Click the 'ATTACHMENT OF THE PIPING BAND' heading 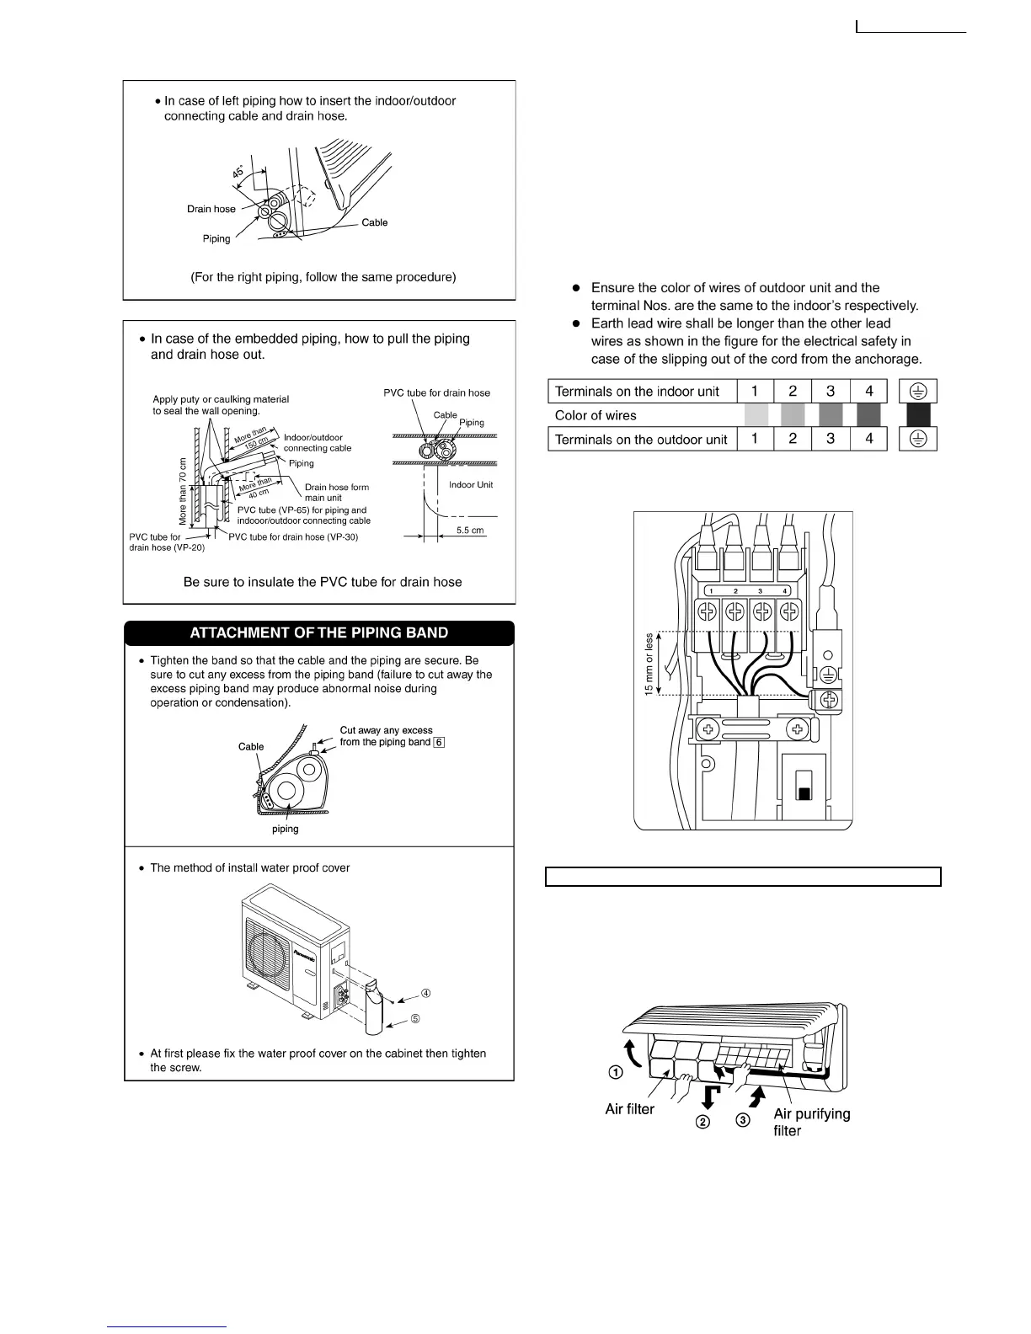point(318,633)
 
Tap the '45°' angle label point(238,172)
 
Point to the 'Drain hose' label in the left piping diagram point(211,209)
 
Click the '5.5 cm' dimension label point(470,531)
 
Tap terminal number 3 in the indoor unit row point(831,391)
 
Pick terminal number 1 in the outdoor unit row point(755,439)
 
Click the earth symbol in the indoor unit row point(918,391)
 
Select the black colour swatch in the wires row point(918,415)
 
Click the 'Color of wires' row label point(596,415)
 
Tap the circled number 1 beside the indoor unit point(616,1073)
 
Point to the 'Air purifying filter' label point(811,1122)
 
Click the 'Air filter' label point(629,1109)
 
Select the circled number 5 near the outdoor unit point(415,1019)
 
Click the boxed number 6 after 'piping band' point(439,742)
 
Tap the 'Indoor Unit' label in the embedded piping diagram point(471,485)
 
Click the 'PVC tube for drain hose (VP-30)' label point(293,537)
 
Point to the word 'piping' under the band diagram point(285,829)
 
